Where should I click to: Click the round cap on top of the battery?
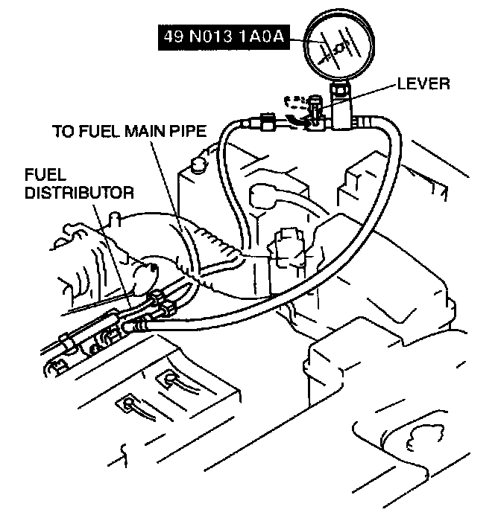click(198, 163)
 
